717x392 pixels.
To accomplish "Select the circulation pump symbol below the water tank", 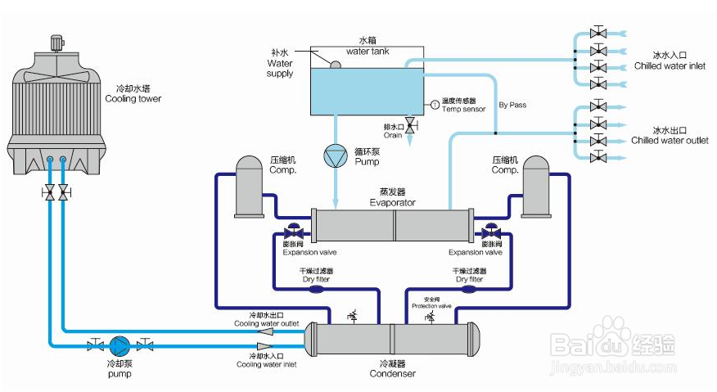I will (x=336, y=155).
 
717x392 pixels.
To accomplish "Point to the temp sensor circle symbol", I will (x=435, y=104).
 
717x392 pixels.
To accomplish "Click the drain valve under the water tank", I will (x=409, y=125).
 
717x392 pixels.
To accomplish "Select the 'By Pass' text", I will (x=512, y=105).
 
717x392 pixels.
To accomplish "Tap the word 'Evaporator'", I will (x=392, y=202).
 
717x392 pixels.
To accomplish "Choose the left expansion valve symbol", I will (x=292, y=232).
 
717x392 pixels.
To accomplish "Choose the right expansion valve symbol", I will (x=491, y=232).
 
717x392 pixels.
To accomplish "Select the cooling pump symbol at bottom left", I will (x=120, y=345).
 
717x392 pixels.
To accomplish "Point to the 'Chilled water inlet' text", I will (x=669, y=66).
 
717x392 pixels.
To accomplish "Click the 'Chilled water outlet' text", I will (x=670, y=140).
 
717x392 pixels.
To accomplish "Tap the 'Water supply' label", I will (x=280, y=68).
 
